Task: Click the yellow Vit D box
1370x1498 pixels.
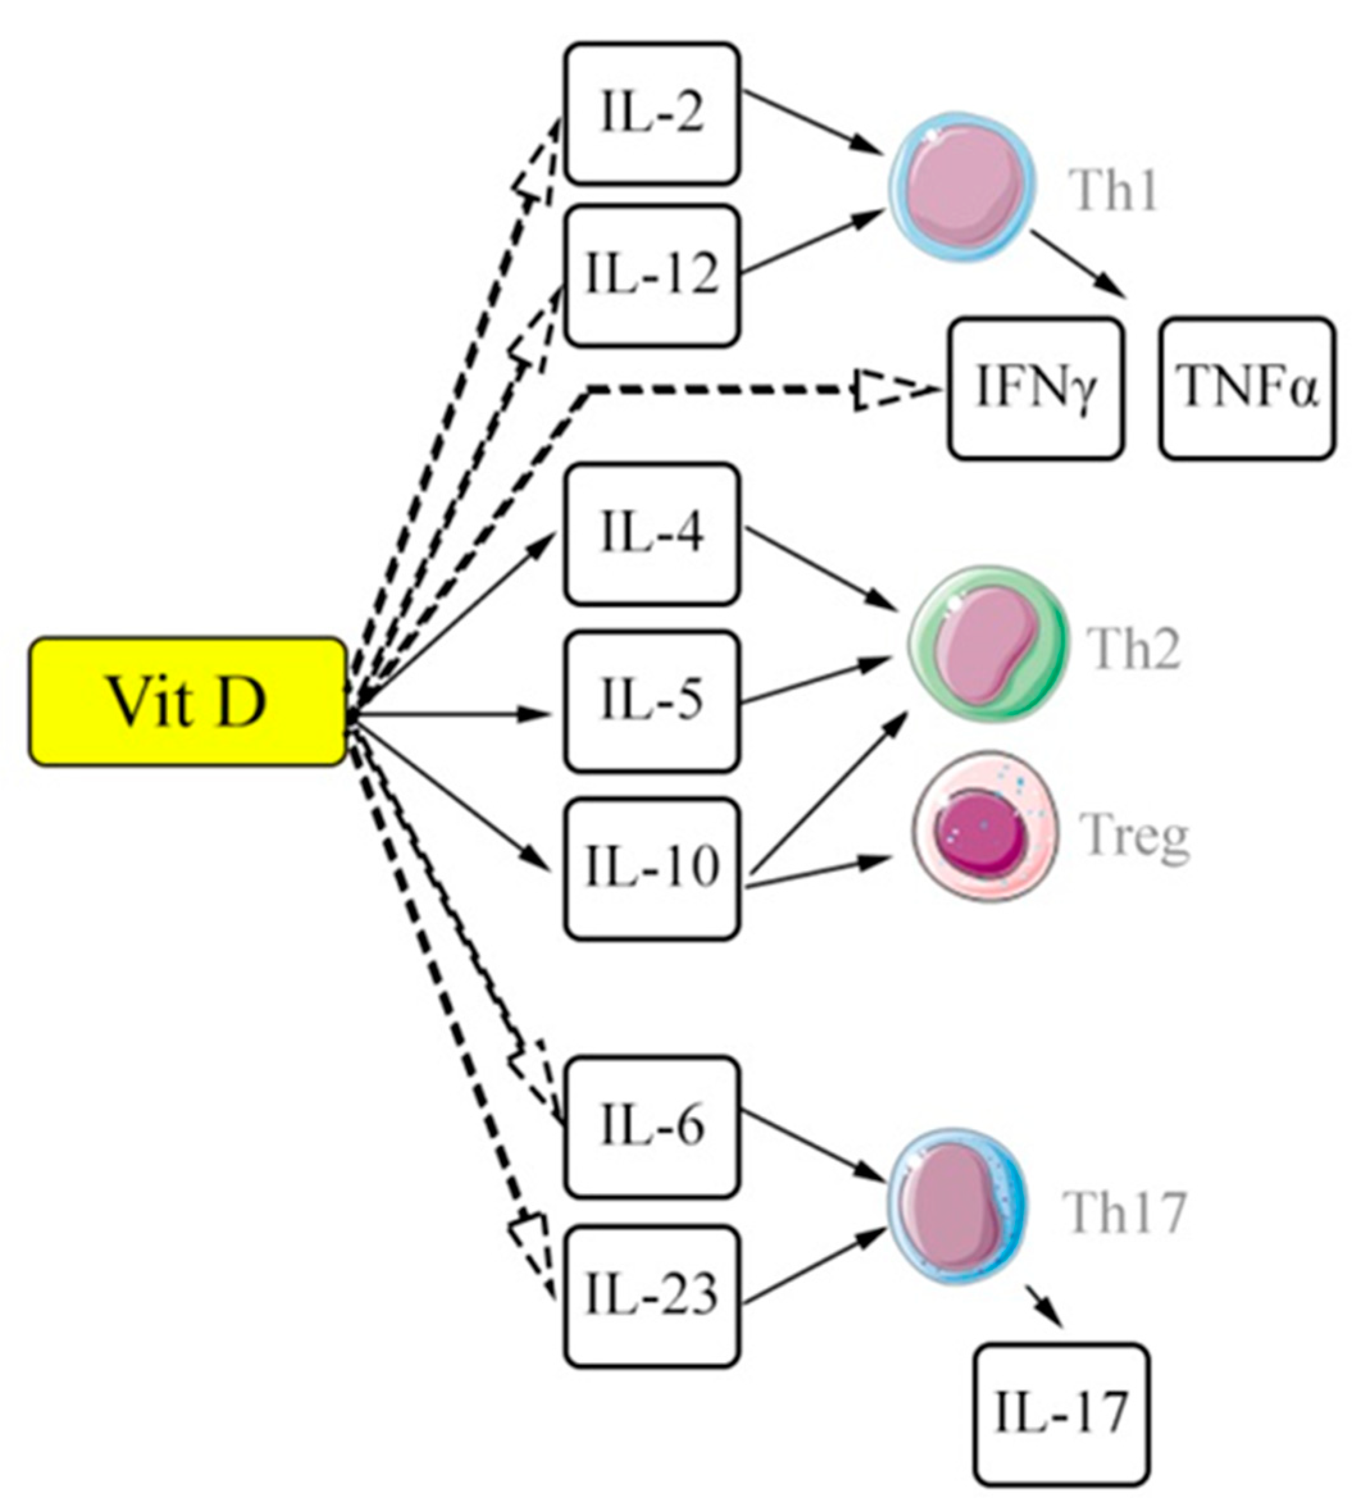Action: (x=187, y=701)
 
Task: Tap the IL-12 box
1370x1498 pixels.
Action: (x=651, y=275)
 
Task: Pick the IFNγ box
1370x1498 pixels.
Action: (x=1036, y=389)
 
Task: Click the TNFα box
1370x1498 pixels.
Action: (x=1248, y=389)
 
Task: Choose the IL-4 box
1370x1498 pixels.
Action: (x=651, y=533)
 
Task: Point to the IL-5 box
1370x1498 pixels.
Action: (x=651, y=701)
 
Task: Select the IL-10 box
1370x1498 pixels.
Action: (x=651, y=868)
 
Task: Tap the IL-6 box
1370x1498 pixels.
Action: (x=651, y=1127)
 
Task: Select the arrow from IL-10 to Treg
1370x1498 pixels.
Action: (x=817, y=872)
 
